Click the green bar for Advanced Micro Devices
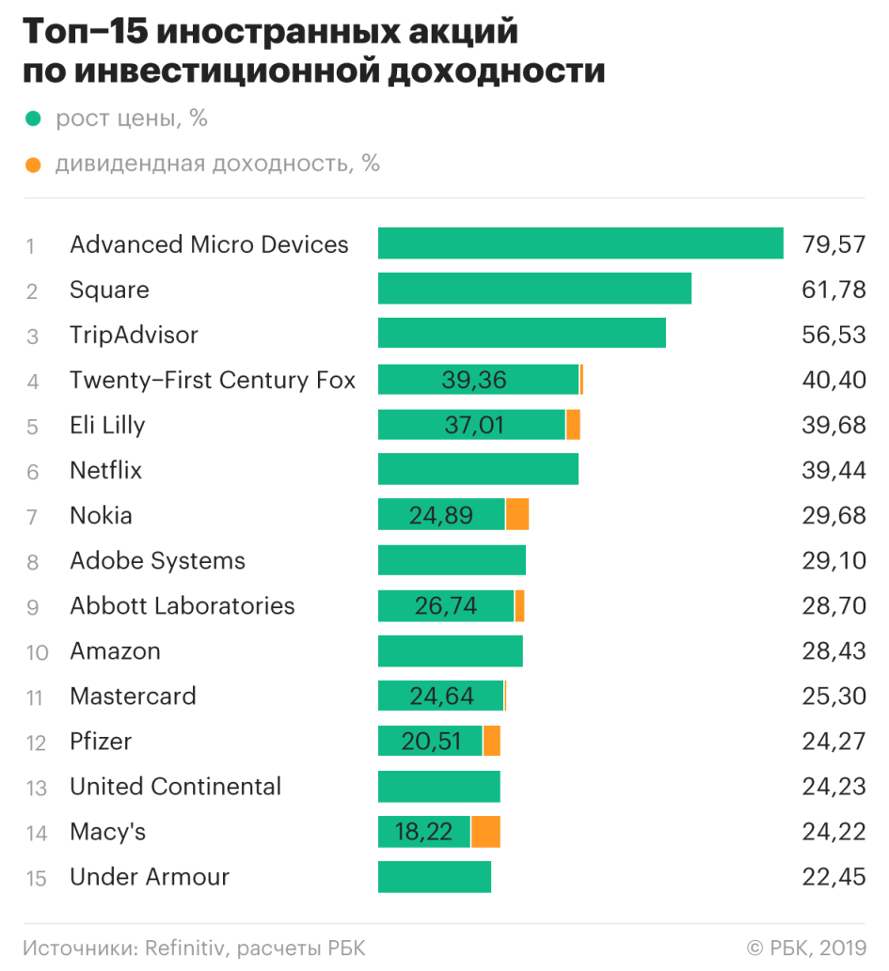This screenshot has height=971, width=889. pos(580,243)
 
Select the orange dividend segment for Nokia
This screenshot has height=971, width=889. pos(517,515)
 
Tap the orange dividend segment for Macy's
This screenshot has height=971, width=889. pos(485,832)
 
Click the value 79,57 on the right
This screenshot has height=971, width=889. pos(833,244)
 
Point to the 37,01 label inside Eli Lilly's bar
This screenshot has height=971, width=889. pos(474,425)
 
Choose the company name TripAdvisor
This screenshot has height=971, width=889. pos(134,335)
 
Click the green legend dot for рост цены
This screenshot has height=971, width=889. pos(34,119)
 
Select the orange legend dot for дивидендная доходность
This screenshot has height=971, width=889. pos(34,164)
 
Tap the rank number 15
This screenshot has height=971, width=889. pos(36,878)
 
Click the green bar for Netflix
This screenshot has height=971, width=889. pos(478,470)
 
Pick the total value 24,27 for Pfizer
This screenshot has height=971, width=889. pos(833,742)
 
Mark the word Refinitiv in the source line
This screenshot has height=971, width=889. pos(184,948)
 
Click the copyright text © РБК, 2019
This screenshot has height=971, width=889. pos(806,948)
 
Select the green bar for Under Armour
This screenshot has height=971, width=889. pos(435,877)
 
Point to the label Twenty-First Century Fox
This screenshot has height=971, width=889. pos(213,380)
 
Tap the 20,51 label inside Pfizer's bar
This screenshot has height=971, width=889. pos(431,742)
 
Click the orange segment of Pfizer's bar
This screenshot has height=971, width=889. pos(491,742)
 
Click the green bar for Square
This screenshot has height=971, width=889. pos(534,289)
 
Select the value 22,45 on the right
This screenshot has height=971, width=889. pos(833,878)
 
